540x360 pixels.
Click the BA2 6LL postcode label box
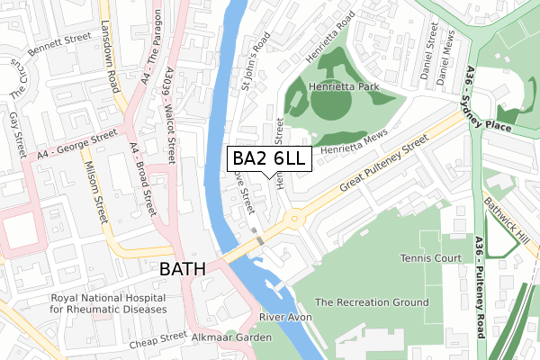click(x=270, y=159)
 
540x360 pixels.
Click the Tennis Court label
click(x=429, y=258)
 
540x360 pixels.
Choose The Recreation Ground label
click(x=372, y=302)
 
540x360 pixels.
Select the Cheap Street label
click(x=157, y=339)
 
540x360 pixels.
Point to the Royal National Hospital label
click(x=108, y=303)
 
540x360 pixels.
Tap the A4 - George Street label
click(x=78, y=145)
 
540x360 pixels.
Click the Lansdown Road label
click(x=112, y=53)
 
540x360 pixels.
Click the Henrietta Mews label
click(x=355, y=140)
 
